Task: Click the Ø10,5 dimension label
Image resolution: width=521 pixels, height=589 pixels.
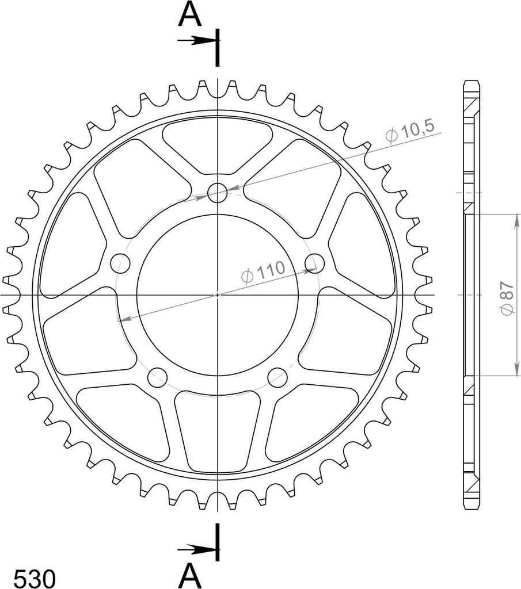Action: tap(410, 132)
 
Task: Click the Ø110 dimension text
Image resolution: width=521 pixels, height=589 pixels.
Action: tap(263, 271)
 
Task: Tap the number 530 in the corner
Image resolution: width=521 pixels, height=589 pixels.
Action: tap(35, 579)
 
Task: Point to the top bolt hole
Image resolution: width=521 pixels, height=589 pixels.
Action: tap(217, 193)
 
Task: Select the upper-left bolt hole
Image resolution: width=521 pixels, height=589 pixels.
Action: tap(120, 263)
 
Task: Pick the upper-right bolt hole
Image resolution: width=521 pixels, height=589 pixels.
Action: tap(315, 263)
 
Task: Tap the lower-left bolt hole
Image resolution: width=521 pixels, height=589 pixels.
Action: tap(157, 377)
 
